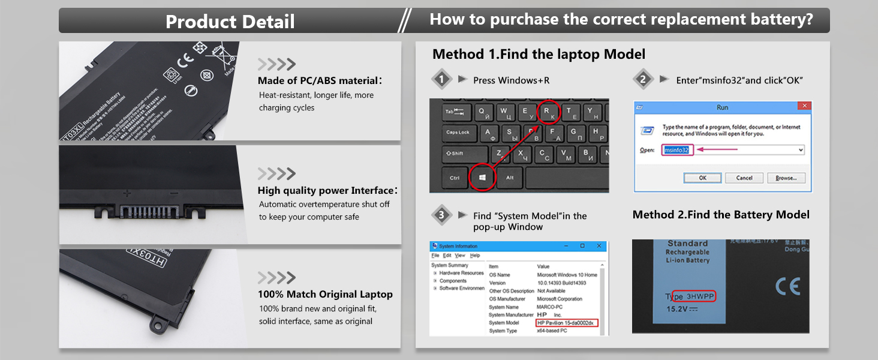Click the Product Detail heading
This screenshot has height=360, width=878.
point(230,22)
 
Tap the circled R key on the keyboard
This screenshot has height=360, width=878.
point(546,111)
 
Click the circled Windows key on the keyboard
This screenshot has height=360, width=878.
point(482,177)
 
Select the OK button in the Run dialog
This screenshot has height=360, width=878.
point(702,178)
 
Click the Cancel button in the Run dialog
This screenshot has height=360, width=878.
point(744,178)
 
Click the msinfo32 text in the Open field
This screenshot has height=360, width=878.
point(677,150)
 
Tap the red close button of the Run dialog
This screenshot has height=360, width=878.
point(804,106)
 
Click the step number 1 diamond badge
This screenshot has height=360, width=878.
point(442,79)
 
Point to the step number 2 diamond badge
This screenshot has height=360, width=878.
point(643,79)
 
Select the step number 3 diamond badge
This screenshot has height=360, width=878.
point(442,215)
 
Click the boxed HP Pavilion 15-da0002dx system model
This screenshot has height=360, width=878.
point(566,323)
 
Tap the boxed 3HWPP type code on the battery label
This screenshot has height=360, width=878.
point(700,296)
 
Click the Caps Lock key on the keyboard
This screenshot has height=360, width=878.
point(458,133)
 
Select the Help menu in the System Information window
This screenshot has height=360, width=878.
point(475,256)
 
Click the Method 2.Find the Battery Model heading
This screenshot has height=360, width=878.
point(721,215)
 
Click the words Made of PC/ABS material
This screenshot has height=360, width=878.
point(318,80)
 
